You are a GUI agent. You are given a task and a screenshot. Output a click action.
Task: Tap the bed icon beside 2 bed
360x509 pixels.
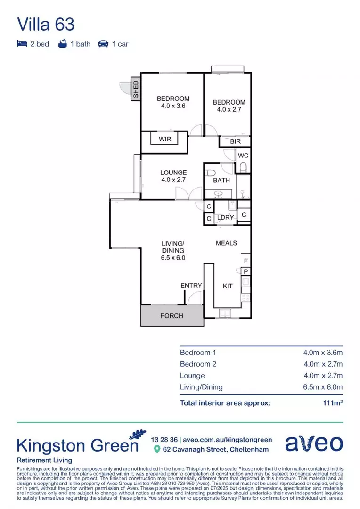tap(22, 44)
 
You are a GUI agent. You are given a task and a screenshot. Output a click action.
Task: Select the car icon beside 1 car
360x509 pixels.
tap(103, 44)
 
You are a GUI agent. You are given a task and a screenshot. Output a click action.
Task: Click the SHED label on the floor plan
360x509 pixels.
tap(136, 90)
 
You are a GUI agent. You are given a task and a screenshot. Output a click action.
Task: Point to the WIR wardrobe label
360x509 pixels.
tap(165, 139)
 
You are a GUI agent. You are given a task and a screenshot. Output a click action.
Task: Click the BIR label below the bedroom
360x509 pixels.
tap(235, 141)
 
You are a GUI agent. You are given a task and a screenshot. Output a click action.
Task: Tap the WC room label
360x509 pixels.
tap(243, 156)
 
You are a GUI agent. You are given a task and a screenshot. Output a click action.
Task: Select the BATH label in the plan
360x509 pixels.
tap(221, 180)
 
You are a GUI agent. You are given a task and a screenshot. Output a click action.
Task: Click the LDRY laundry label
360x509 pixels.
tap(226, 218)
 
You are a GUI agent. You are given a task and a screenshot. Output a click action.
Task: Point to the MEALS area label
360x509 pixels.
tap(226, 243)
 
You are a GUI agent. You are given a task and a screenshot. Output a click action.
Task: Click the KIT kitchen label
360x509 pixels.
tap(228, 286)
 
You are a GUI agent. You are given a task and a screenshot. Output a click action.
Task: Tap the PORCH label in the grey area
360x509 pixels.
tap(172, 315)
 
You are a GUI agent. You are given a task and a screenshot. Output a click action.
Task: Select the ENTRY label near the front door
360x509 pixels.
tap(191, 286)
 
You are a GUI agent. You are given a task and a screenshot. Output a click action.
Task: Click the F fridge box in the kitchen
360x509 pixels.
tap(245, 261)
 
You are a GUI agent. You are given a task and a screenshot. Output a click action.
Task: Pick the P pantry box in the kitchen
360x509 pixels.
tap(245, 271)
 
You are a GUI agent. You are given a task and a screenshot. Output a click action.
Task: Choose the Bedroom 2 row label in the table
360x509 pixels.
tap(198, 364)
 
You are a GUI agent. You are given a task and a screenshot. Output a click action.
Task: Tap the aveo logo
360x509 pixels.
tap(314, 443)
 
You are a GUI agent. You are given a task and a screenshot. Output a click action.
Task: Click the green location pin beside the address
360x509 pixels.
tap(157, 449)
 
